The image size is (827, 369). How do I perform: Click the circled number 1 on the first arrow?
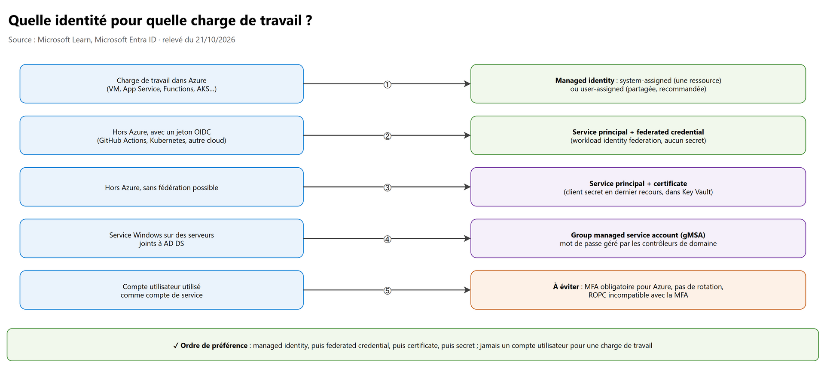tap(387, 85)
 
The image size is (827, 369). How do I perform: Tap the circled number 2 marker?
tap(387, 136)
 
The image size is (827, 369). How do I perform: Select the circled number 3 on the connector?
tap(387, 188)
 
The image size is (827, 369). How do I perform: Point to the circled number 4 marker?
tap(387, 240)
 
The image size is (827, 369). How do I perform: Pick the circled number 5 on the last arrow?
tap(387, 291)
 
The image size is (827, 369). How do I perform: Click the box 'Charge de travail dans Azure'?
tap(162, 84)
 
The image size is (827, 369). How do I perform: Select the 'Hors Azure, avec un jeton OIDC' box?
tap(162, 135)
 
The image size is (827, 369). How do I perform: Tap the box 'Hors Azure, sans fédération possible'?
tap(162, 187)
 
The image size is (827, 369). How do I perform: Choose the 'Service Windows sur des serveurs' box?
tap(162, 239)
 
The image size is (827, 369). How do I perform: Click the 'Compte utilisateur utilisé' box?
tap(162, 290)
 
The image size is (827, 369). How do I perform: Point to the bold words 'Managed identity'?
tap(585, 80)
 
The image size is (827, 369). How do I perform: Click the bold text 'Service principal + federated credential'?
tap(638, 132)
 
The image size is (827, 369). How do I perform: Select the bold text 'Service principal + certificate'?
tap(638, 184)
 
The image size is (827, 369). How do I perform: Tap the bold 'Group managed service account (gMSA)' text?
tap(638, 235)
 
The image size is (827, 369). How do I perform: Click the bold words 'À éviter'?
tap(566, 286)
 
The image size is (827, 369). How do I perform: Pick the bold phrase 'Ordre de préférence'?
tap(214, 345)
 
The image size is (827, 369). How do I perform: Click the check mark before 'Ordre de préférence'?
tap(176, 345)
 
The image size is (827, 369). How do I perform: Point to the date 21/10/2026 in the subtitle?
tap(215, 40)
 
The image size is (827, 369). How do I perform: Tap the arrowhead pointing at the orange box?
tap(467, 290)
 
